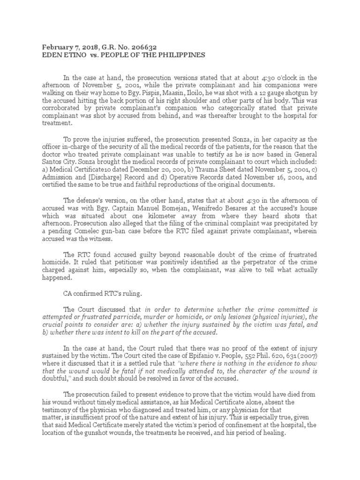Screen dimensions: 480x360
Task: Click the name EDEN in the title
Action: [x=52, y=55]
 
